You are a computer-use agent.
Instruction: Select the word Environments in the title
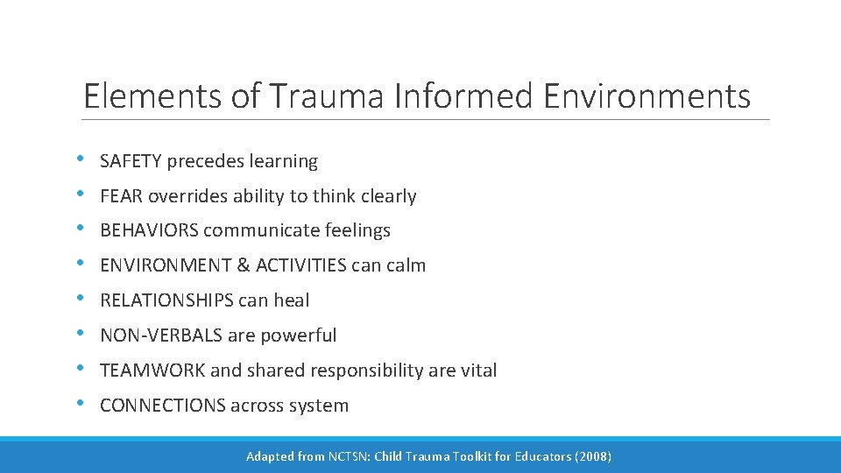click(647, 96)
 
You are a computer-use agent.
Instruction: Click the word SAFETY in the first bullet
click(131, 161)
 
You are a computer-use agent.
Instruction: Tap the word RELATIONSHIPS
click(166, 300)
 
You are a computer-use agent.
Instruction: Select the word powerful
click(304, 335)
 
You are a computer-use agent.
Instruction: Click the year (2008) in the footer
click(591, 456)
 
